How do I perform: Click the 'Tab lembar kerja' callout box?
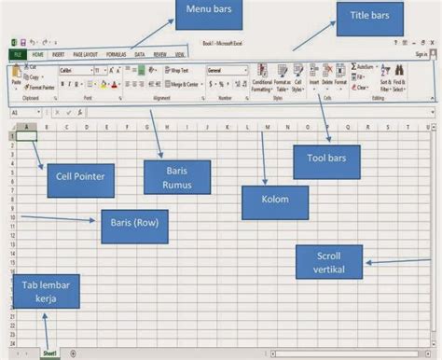pos(45,291)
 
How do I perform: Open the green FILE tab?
pos(19,56)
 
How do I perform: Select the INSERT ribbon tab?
pos(58,56)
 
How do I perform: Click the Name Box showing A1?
pos(22,112)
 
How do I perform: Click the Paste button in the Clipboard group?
pos(16,76)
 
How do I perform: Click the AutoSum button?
pos(365,67)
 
